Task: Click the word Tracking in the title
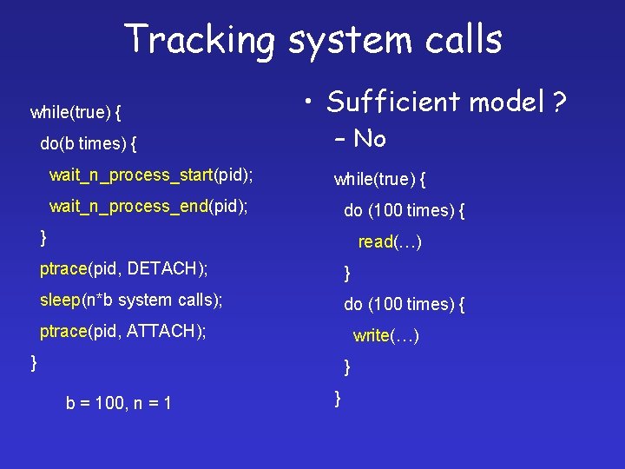[x=198, y=39]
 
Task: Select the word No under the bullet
[x=370, y=138]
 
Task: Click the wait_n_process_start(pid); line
[x=151, y=175]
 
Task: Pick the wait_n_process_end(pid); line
[x=148, y=207]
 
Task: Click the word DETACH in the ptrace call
[x=164, y=268]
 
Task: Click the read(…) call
[x=390, y=242]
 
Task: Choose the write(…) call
[x=386, y=336]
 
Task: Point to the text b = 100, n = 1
[x=118, y=403]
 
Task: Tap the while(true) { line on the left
[x=76, y=112]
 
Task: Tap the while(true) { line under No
[x=379, y=180]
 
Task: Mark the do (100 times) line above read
[x=404, y=210]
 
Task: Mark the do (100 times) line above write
[x=404, y=305]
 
